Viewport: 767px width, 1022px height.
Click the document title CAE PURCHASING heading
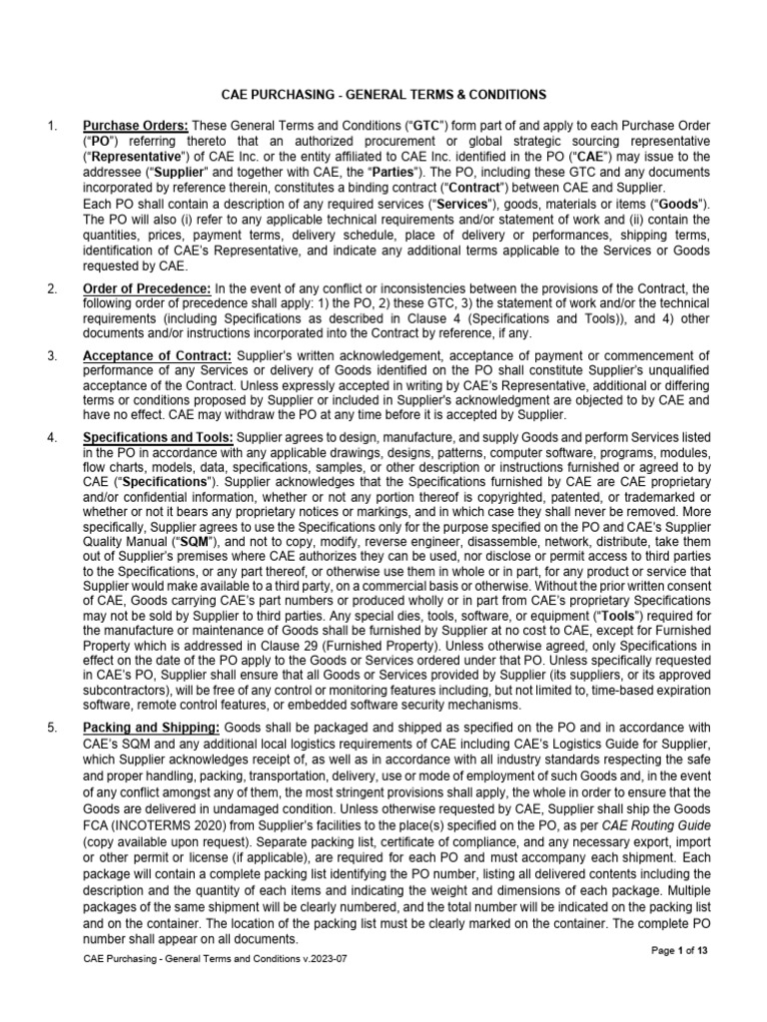pyautogui.click(x=383, y=94)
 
